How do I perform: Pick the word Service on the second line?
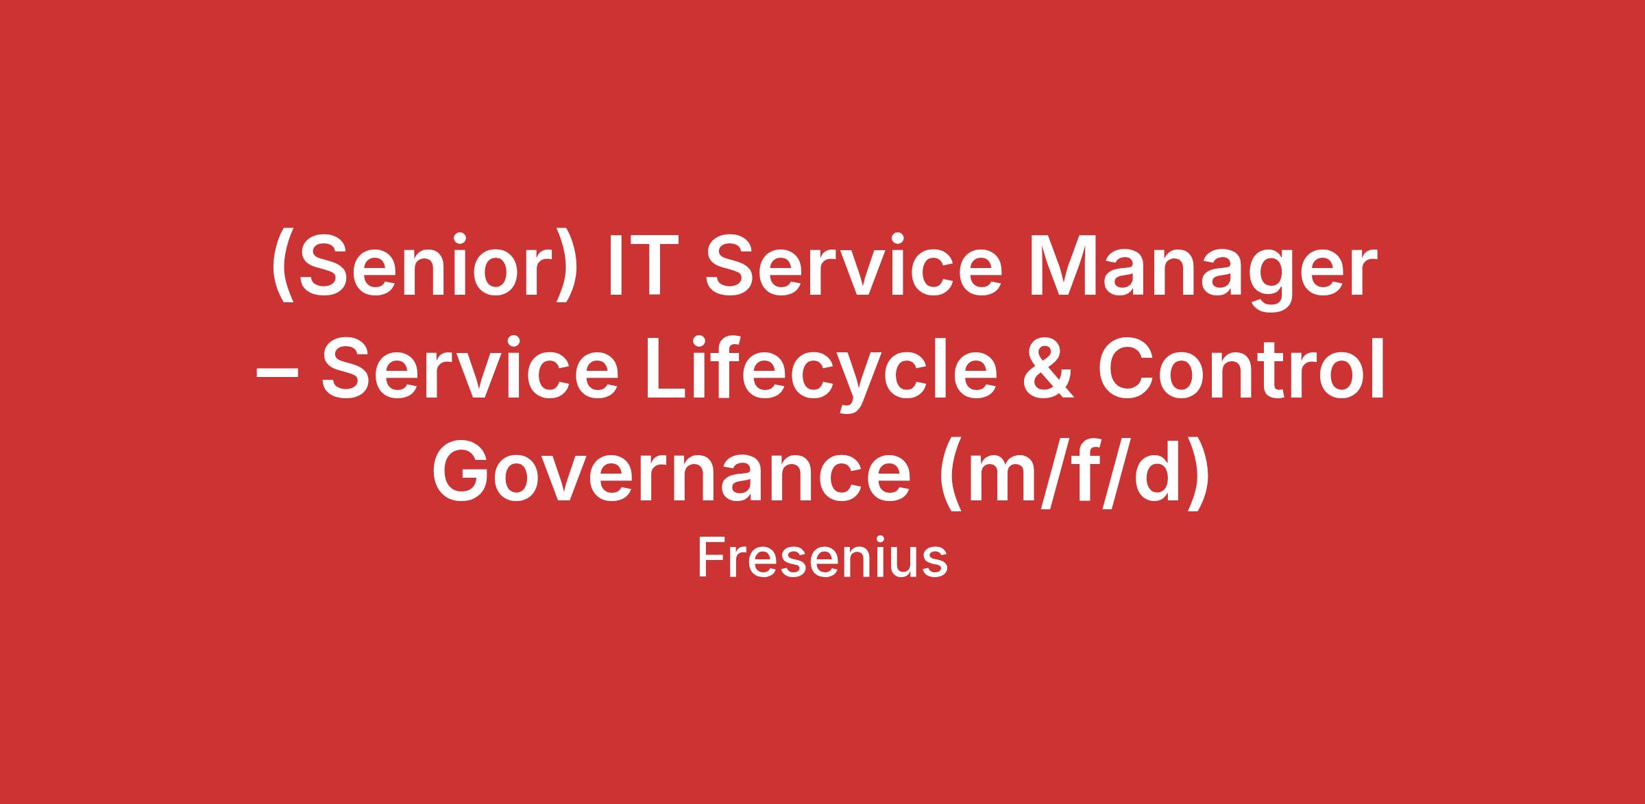(x=469, y=371)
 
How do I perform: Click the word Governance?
(x=672, y=474)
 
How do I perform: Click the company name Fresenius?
(x=822, y=559)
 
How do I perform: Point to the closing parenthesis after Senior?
(x=563, y=269)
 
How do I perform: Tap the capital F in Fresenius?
(x=711, y=559)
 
